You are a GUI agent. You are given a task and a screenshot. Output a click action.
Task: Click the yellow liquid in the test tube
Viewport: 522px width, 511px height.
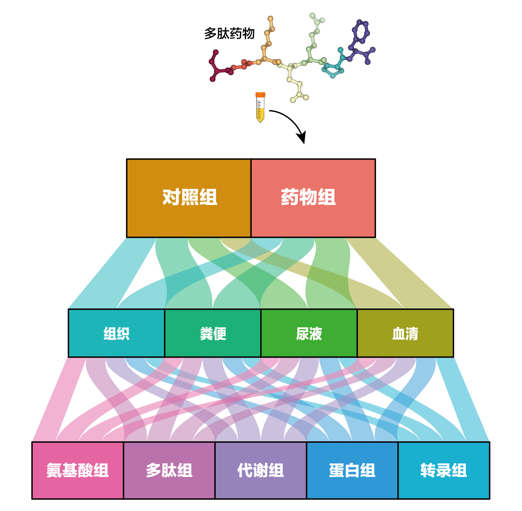click(x=260, y=114)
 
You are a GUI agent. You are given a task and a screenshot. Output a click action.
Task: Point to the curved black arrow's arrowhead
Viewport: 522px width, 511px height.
click(x=302, y=137)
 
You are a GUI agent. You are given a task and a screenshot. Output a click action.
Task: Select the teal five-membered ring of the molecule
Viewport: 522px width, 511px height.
click(x=333, y=70)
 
